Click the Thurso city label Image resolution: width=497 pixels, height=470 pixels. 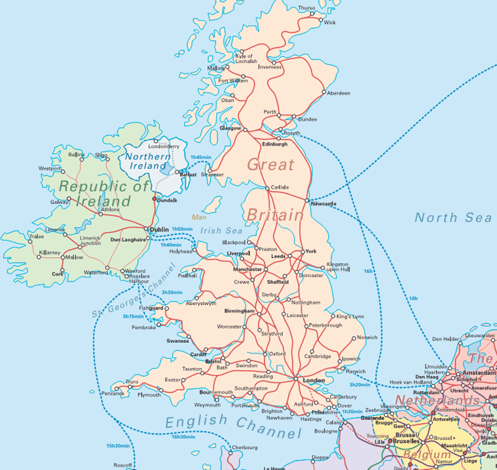coord(307,8)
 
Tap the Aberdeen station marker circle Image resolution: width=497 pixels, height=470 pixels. coord(324,92)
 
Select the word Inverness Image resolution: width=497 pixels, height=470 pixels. coord(269,67)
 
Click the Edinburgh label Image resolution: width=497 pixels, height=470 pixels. coord(274,144)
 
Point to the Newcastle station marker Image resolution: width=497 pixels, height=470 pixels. coord(307,200)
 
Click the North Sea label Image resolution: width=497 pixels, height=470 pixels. coord(453,217)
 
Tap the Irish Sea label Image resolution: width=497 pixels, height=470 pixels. coord(222,231)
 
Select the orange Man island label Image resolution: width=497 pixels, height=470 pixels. coord(199,217)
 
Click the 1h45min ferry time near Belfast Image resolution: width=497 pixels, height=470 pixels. coord(201,157)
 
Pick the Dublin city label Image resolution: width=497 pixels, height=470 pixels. coord(160,229)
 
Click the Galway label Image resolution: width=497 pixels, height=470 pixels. coord(60,202)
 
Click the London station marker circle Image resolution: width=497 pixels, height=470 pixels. coord(296,379)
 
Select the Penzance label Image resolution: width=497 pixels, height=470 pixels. coord(112,393)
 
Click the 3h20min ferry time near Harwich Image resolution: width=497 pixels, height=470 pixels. coord(360,384)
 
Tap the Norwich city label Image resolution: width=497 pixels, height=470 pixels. coord(367,338)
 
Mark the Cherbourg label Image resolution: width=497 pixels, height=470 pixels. coord(245,448)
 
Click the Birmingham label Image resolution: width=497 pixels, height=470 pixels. coord(239,311)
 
